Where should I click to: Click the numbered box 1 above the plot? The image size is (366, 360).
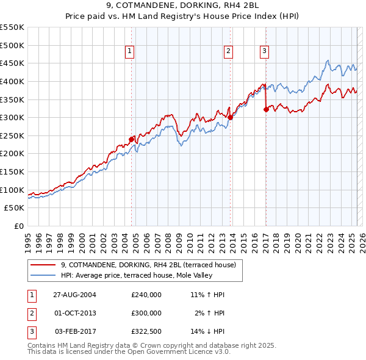(x=131, y=52)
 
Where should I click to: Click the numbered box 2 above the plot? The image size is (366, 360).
(x=228, y=52)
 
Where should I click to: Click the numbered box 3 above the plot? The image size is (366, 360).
(x=265, y=52)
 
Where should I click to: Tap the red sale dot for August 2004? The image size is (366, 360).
(x=131, y=139)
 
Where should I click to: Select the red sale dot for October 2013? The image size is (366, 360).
(x=230, y=118)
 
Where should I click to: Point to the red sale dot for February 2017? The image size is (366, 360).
(x=266, y=109)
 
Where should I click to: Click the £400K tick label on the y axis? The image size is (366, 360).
(x=12, y=81)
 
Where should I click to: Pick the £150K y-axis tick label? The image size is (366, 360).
(x=12, y=171)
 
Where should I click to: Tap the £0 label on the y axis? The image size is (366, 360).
(x=19, y=226)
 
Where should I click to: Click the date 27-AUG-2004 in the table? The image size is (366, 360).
(x=74, y=295)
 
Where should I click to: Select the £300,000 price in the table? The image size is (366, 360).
(x=146, y=313)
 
